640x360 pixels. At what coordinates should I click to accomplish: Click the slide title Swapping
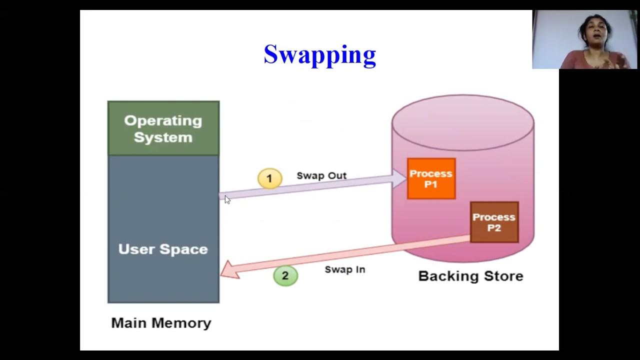coord(319,54)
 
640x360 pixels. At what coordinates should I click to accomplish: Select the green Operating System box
coord(163,128)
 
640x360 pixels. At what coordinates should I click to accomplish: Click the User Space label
coord(163,249)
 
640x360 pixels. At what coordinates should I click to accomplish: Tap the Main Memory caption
coord(161,323)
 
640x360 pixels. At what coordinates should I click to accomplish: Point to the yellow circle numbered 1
coord(269,178)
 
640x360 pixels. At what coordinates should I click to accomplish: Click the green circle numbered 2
coord(285,275)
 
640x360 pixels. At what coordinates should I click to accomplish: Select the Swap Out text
coord(321,175)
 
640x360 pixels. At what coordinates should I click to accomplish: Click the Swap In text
coord(345,269)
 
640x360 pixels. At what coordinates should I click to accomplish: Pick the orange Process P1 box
coord(431,178)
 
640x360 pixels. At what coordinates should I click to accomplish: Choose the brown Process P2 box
coord(494,222)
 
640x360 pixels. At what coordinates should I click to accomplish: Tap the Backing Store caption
coord(470,276)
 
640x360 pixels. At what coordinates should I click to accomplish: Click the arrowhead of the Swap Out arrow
coord(400,178)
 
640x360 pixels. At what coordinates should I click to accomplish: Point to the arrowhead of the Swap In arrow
coord(229,269)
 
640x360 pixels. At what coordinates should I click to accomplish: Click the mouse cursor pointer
coord(227,199)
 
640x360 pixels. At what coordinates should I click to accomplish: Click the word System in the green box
coord(163,137)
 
